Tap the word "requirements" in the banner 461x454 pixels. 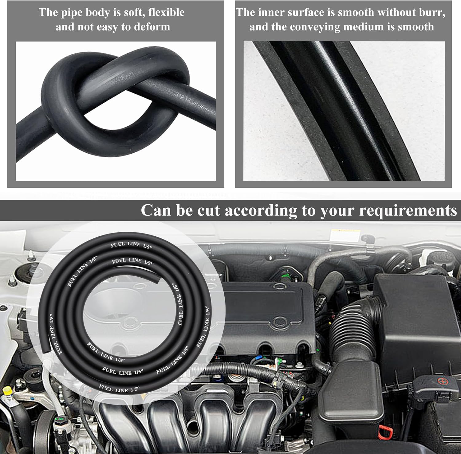[408, 211]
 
